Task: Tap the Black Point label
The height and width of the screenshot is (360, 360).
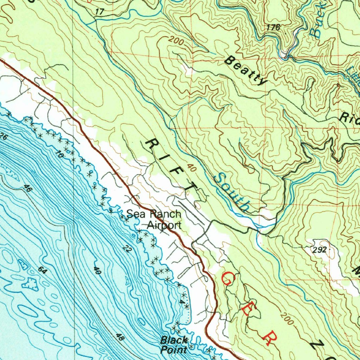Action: point(174,345)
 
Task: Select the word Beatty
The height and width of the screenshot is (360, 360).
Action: point(245,70)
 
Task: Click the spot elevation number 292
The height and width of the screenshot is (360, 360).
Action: point(319,250)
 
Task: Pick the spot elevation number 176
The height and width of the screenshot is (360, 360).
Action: point(273,27)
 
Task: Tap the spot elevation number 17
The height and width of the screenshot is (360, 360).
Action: point(99,12)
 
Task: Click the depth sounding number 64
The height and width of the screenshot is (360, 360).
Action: point(43,271)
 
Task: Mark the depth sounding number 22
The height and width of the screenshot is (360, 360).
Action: point(127,249)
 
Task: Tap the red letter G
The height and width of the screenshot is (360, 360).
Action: point(228,279)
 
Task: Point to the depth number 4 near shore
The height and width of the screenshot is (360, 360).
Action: point(182,302)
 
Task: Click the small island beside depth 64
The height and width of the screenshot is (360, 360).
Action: point(30,283)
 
